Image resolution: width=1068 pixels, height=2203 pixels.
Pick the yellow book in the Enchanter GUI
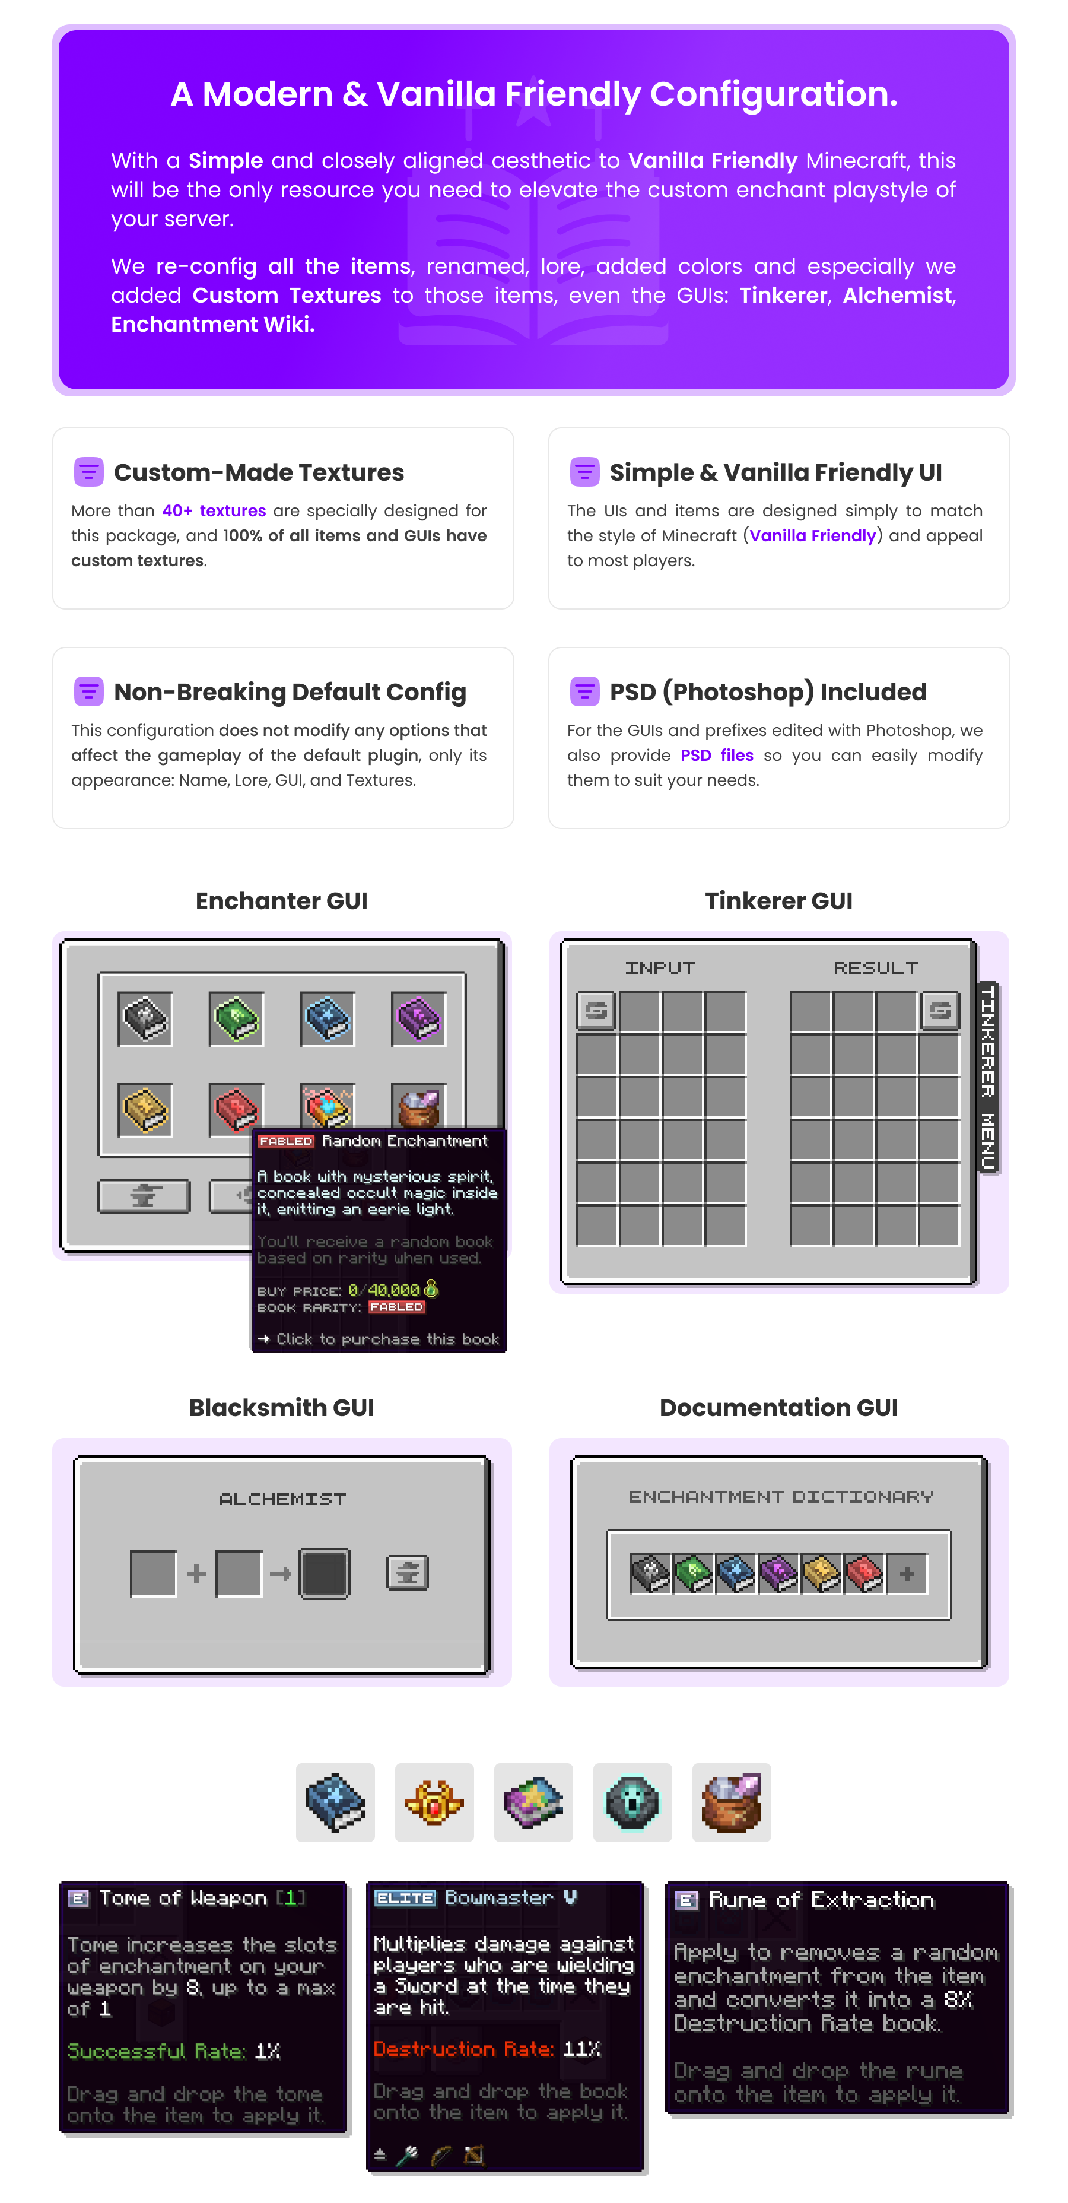(x=145, y=1110)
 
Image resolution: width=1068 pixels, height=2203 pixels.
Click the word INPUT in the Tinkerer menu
(x=659, y=967)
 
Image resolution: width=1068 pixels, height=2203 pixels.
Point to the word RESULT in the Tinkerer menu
(x=876, y=967)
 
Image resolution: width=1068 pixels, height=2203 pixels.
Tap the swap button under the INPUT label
(x=596, y=1011)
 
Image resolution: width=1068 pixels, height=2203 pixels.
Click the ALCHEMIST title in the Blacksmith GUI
(x=282, y=1499)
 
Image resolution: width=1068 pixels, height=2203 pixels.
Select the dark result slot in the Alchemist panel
(x=324, y=1573)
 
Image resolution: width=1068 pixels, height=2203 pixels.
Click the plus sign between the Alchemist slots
(x=196, y=1573)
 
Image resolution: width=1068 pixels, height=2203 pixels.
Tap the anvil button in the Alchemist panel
(x=408, y=1572)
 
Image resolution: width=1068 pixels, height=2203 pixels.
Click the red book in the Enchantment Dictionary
(x=864, y=1573)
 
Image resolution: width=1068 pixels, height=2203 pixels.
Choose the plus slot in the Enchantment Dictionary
(x=907, y=1573)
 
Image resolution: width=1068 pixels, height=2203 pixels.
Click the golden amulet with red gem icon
(x=434, y=1802)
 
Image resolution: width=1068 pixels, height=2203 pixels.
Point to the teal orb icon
(x=632, y=1802)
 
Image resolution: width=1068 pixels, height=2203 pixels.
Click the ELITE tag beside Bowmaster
(x=405, y=1898)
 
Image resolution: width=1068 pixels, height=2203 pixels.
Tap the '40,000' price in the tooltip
(x=393, y=1290)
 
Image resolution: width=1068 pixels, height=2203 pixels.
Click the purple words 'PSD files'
(x=717, y=755)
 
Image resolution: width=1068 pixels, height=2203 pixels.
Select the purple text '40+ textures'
(x=214, y=510)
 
